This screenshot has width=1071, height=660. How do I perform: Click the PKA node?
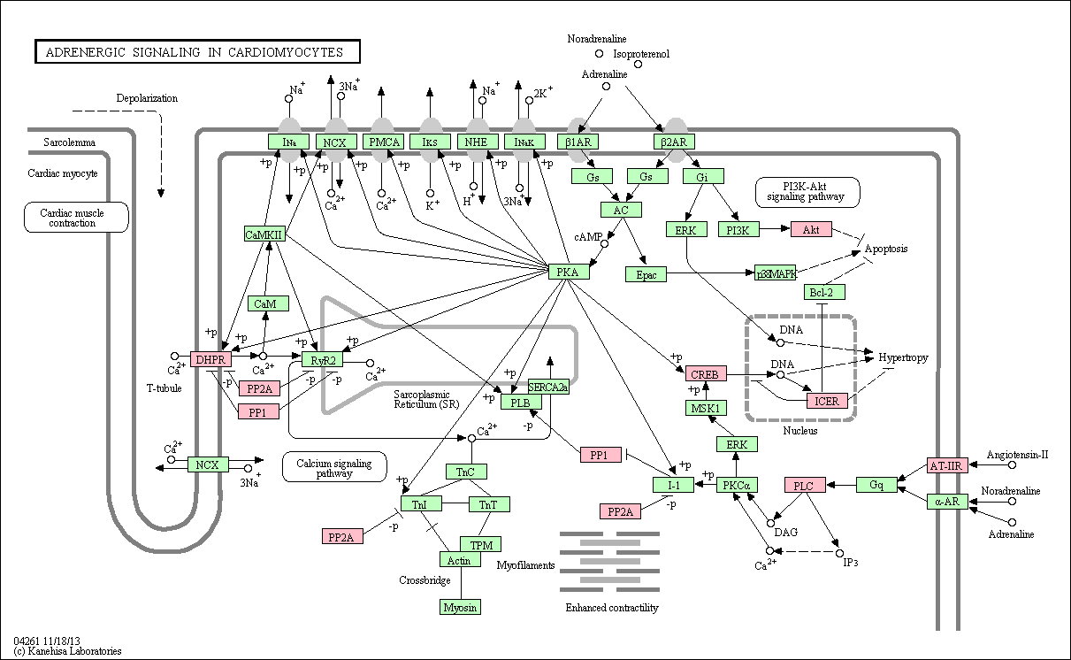click(569, 272)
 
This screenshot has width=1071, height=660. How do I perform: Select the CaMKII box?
click(264, 234)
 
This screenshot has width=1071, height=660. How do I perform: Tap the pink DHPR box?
click(210, 359)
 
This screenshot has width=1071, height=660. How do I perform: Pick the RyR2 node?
click(322, 360)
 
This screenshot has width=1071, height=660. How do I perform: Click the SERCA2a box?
click(548, 387)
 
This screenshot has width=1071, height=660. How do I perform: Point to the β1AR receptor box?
click(578, 142)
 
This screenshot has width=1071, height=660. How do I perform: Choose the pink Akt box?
click(811, 229)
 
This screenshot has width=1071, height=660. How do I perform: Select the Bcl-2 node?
click(824, 292)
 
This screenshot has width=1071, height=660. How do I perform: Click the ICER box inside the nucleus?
click(827, 401)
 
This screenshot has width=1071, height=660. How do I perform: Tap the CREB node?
click(706, 373)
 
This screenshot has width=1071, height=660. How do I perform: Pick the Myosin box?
click(460, 607)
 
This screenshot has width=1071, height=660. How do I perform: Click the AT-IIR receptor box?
click(947, 464)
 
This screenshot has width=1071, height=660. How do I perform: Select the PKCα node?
click(737, 485)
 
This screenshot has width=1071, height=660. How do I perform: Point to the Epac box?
click(646, 274)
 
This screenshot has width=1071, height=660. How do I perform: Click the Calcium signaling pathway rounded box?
click(334, 467)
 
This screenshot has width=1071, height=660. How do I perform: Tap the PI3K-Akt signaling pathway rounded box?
click(807, 192)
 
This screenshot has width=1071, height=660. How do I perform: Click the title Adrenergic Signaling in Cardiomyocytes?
click(195, 51)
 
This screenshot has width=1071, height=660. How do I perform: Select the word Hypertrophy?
click(904, 357)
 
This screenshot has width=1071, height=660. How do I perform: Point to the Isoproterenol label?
click(641, 54)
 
